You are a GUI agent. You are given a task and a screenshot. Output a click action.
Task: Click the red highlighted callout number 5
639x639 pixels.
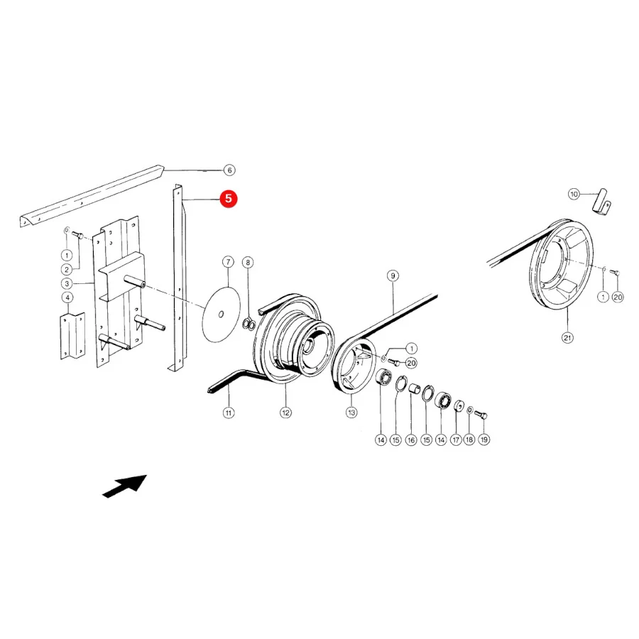228,199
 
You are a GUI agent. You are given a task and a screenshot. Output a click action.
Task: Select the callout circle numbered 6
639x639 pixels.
229,170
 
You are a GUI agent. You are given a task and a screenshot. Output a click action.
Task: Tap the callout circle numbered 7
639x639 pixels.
228,262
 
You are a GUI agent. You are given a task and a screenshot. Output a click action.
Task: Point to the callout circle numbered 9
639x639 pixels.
393,276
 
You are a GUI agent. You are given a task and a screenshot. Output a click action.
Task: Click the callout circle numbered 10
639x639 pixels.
574,194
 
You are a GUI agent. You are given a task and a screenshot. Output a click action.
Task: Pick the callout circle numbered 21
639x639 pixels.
567,337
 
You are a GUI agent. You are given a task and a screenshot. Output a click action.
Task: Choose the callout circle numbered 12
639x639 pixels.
285,413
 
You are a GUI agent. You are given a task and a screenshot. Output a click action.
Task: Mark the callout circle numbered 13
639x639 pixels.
351,413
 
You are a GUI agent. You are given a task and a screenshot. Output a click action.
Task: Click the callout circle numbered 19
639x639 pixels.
484,439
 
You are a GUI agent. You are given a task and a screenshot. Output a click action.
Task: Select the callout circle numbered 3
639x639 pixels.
67,283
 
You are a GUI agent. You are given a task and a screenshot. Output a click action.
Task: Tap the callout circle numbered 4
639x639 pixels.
67,297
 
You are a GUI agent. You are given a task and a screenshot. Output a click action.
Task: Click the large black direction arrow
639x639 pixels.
124,486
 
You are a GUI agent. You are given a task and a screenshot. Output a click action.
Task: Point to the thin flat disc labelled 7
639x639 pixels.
222,315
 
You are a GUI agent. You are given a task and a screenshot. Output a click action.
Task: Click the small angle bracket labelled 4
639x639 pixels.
72,337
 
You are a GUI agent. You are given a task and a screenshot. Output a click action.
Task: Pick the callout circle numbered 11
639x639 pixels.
229,413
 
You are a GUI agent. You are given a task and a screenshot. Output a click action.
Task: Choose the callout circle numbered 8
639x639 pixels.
248,262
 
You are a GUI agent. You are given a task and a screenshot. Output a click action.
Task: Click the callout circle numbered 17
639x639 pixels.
456,439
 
